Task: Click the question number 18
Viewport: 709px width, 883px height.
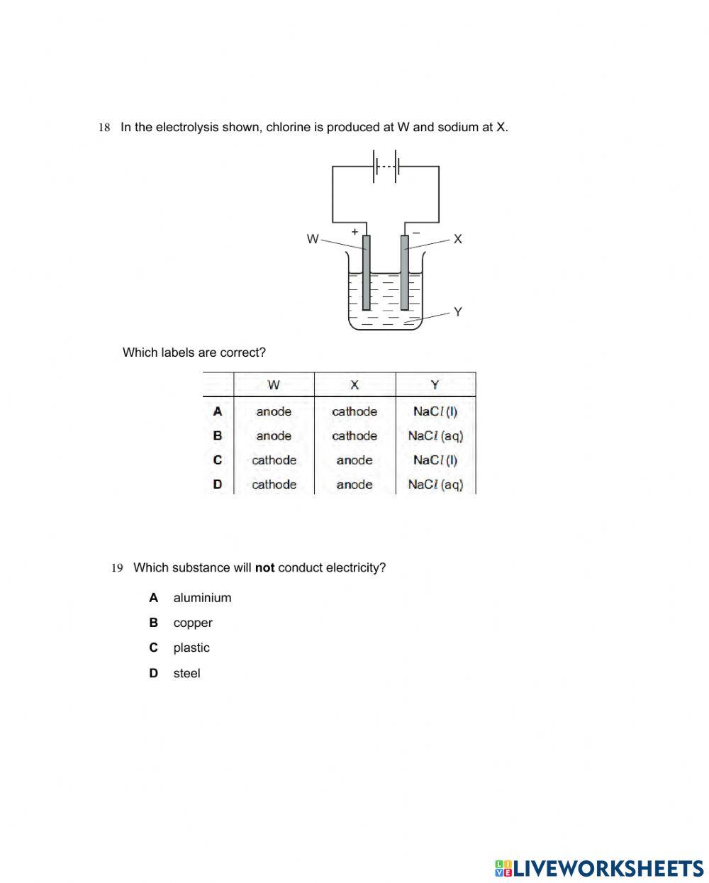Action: (104, 128)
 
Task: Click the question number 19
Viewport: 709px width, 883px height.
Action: (117, 568)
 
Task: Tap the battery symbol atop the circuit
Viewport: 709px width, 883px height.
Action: (386, 166)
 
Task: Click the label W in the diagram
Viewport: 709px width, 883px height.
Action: (312, 239)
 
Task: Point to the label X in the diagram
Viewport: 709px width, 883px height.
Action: (457, 239)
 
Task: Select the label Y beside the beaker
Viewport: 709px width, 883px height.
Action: (457, 311)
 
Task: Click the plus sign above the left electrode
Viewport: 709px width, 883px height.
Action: (354, 232)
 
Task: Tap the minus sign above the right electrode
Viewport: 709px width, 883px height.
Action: (416, 232)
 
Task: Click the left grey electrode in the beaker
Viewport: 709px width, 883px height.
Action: (366, 273)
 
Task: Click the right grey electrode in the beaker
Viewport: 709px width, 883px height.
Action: (405, 273)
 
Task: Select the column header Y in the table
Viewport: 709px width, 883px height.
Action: (435, 385)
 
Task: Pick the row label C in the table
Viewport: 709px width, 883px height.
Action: (218, 460)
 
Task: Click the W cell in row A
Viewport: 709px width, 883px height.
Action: (274, 411)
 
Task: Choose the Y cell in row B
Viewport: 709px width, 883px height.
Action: (435, 436)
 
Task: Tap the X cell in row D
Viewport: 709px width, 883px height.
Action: (354, 484)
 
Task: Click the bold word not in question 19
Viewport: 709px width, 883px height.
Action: (264, 568)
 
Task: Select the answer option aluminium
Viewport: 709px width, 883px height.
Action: (202, 598)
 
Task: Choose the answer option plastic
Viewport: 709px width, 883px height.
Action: (191, 648)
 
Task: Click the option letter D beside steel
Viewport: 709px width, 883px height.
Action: (153, 673)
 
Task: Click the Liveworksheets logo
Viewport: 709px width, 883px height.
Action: (598, 868)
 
